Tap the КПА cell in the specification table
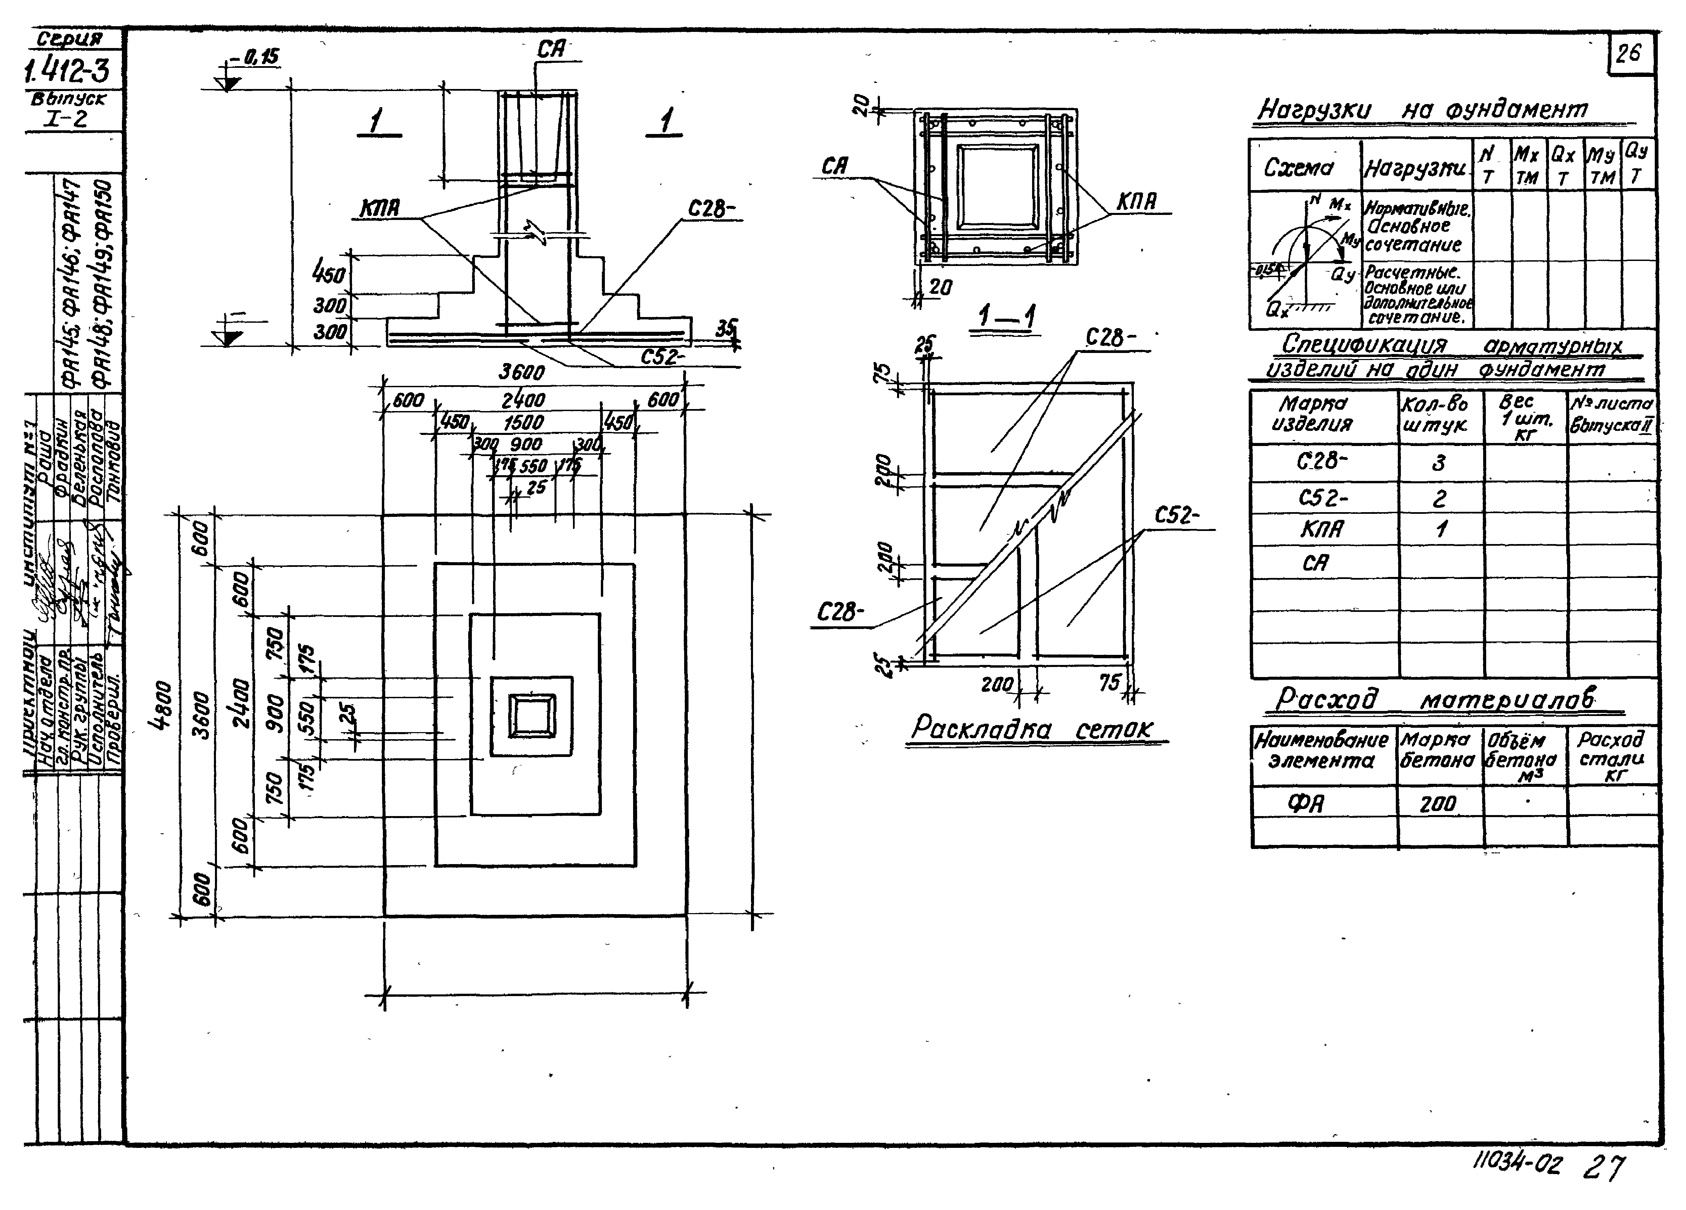pyautogui.click(x=1322, y=530)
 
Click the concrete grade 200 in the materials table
pyautogui.click(x=1438, y=803)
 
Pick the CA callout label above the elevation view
pyautogui.click(x=551, y=50)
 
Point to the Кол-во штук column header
pyautogui.click(x=1435, y=415)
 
